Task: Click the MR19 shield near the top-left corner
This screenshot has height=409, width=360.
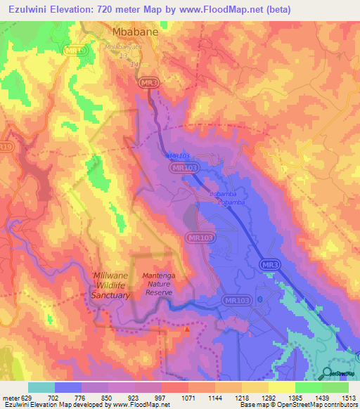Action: [x=73, y=51]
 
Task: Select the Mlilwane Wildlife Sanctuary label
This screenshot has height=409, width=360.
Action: [x=111, y=285]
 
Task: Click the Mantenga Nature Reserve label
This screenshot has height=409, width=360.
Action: [x=162, y=283]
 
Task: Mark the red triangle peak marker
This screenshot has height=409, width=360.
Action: [x=187, y=328]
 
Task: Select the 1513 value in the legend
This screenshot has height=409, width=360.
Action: [x=349, y=396]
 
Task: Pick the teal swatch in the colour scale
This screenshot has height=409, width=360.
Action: [x=41, y=387]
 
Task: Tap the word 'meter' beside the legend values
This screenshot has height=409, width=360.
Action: [x=12, y=396]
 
